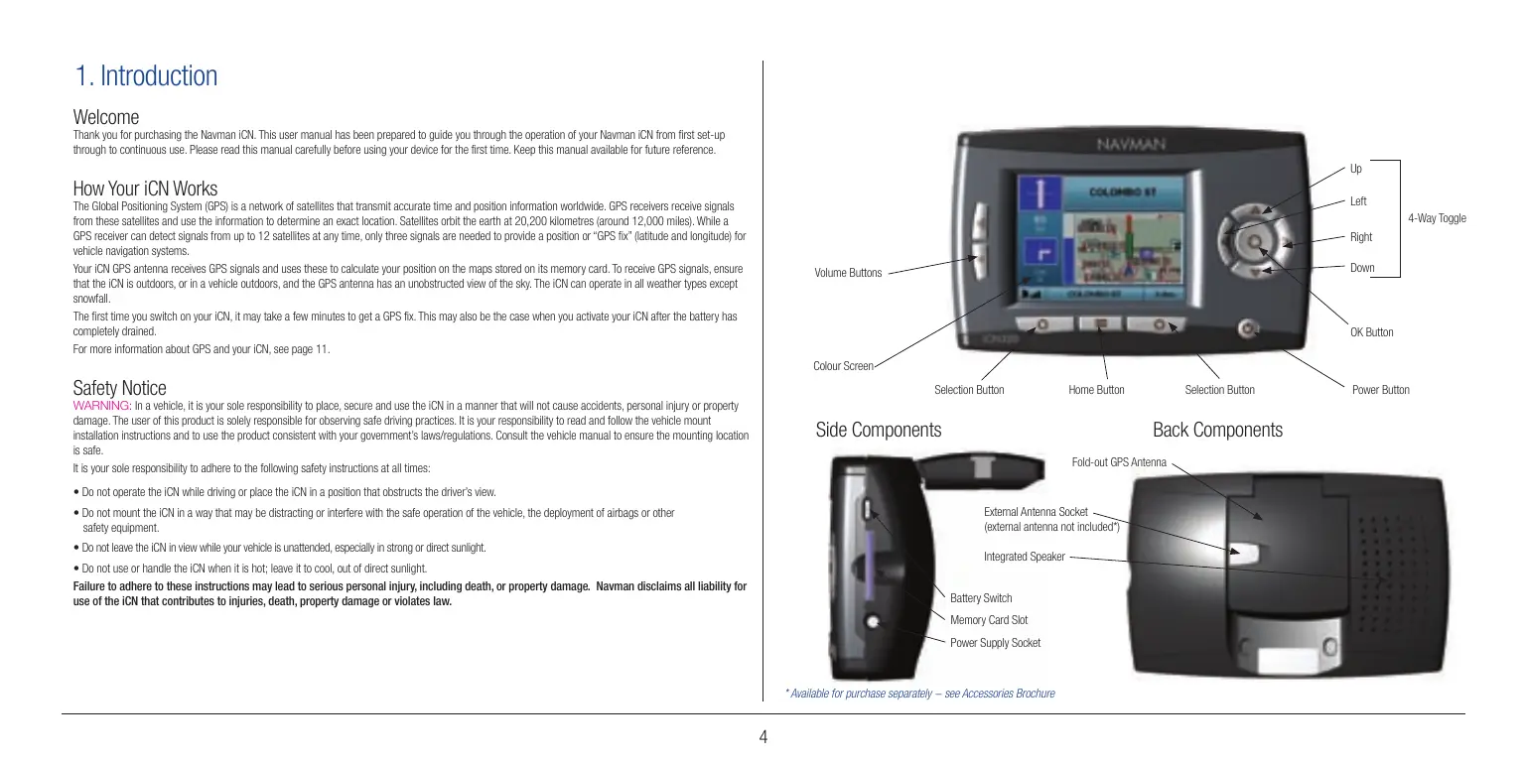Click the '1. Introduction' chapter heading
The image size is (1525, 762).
point(146,76)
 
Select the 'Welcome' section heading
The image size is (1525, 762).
point(106,118)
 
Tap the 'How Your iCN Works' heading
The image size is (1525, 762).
point(145,189)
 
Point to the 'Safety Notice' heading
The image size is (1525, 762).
point(119,387)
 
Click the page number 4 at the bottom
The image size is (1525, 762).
point(762,736)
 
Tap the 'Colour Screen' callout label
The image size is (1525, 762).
point(843,366)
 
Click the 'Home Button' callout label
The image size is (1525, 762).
point(1096,390)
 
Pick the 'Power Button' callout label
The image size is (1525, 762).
point(1380,390)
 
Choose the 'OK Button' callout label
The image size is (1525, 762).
point(1371,332)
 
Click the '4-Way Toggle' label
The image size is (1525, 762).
point(1437,218)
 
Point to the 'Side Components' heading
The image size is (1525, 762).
point(878,431)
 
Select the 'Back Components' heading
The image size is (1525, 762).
point(1217,431)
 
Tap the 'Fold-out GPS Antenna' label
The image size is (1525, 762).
point(1119,462)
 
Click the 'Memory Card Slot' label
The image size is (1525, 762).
point(989,620)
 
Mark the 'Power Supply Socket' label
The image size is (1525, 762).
point(995,643)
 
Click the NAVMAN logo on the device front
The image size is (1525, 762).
point(1129,146)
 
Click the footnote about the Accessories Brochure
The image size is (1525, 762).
point(919,694)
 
